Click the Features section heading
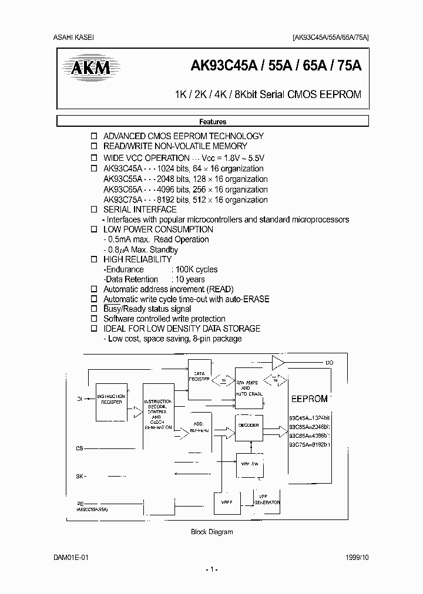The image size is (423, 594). pos(213,122)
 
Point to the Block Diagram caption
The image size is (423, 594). pos(212,532)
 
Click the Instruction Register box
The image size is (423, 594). pos(111,400)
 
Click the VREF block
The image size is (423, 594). pos(227,502)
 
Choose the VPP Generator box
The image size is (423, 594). pos(266,500)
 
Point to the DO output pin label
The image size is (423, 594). pos(329,363)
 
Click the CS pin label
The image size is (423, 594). pos(80,448)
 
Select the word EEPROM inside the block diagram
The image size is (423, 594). pos(309,399)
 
